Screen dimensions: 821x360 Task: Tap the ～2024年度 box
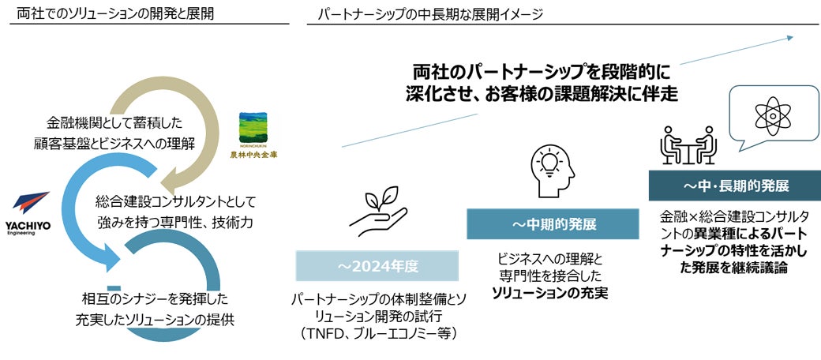point(377,266)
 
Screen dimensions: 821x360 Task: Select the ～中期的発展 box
point(553,224)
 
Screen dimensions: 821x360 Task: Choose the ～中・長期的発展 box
point(735,186)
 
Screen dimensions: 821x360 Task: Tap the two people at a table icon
point(688,145)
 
